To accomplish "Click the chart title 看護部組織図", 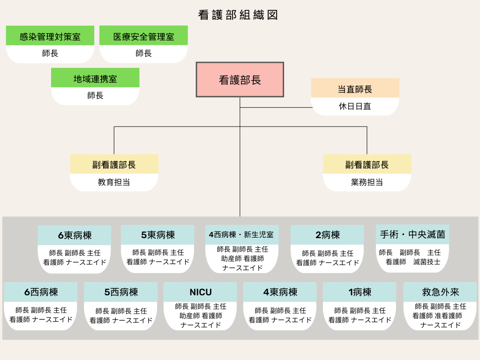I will click(238, 15).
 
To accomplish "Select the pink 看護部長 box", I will click(240, 80).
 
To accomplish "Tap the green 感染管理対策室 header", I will click(50, 36).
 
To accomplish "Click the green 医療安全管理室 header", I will click(143, 36).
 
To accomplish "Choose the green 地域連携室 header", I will click(95, 78).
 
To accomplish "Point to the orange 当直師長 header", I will click(355, 89).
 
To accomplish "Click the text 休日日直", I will click(355, 106).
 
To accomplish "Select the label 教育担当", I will click(114, 182).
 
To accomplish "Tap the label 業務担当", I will click(367, 182).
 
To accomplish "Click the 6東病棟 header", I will click(75, 235).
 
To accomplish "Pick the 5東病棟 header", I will click(157, 235).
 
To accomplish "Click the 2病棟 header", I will click(327, 235).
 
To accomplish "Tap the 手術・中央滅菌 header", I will click(412, 234).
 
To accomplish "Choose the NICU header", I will click(201, 292).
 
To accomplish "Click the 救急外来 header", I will click(440, 292).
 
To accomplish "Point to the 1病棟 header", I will click(360, 292).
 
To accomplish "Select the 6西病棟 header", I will click(41, 292).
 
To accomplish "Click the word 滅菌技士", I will click(427, 262).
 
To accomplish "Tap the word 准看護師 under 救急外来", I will click(448, 315).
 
